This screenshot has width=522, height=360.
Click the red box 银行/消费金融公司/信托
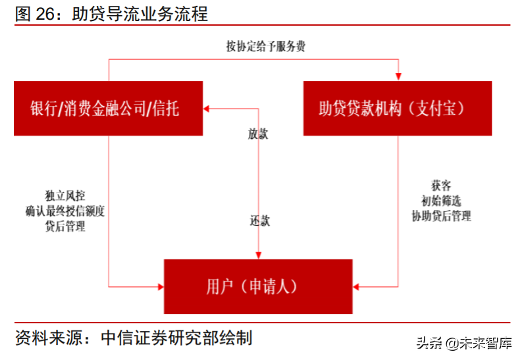(x=108, y=108)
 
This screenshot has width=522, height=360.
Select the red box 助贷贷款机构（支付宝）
(x=397, y=108)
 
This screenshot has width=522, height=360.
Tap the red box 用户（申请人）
(x=257, y=286)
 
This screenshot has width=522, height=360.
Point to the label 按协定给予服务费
(x=265, y=46)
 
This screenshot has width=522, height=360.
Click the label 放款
(x=258, y=134)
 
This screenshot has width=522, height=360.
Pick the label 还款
(x=259, y=220)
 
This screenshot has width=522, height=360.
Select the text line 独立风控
(x=65, y=196)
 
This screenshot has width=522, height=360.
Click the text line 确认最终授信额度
(x=65, y=211)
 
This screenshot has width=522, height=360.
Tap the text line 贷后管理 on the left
(x=65, y=226)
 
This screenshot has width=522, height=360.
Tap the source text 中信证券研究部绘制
(x=176, y=338)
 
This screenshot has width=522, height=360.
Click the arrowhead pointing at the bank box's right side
(x=207, y=108)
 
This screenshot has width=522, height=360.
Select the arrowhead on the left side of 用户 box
(x=160, y=286)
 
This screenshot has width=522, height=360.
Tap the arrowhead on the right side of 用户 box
(x=357, y=286)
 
